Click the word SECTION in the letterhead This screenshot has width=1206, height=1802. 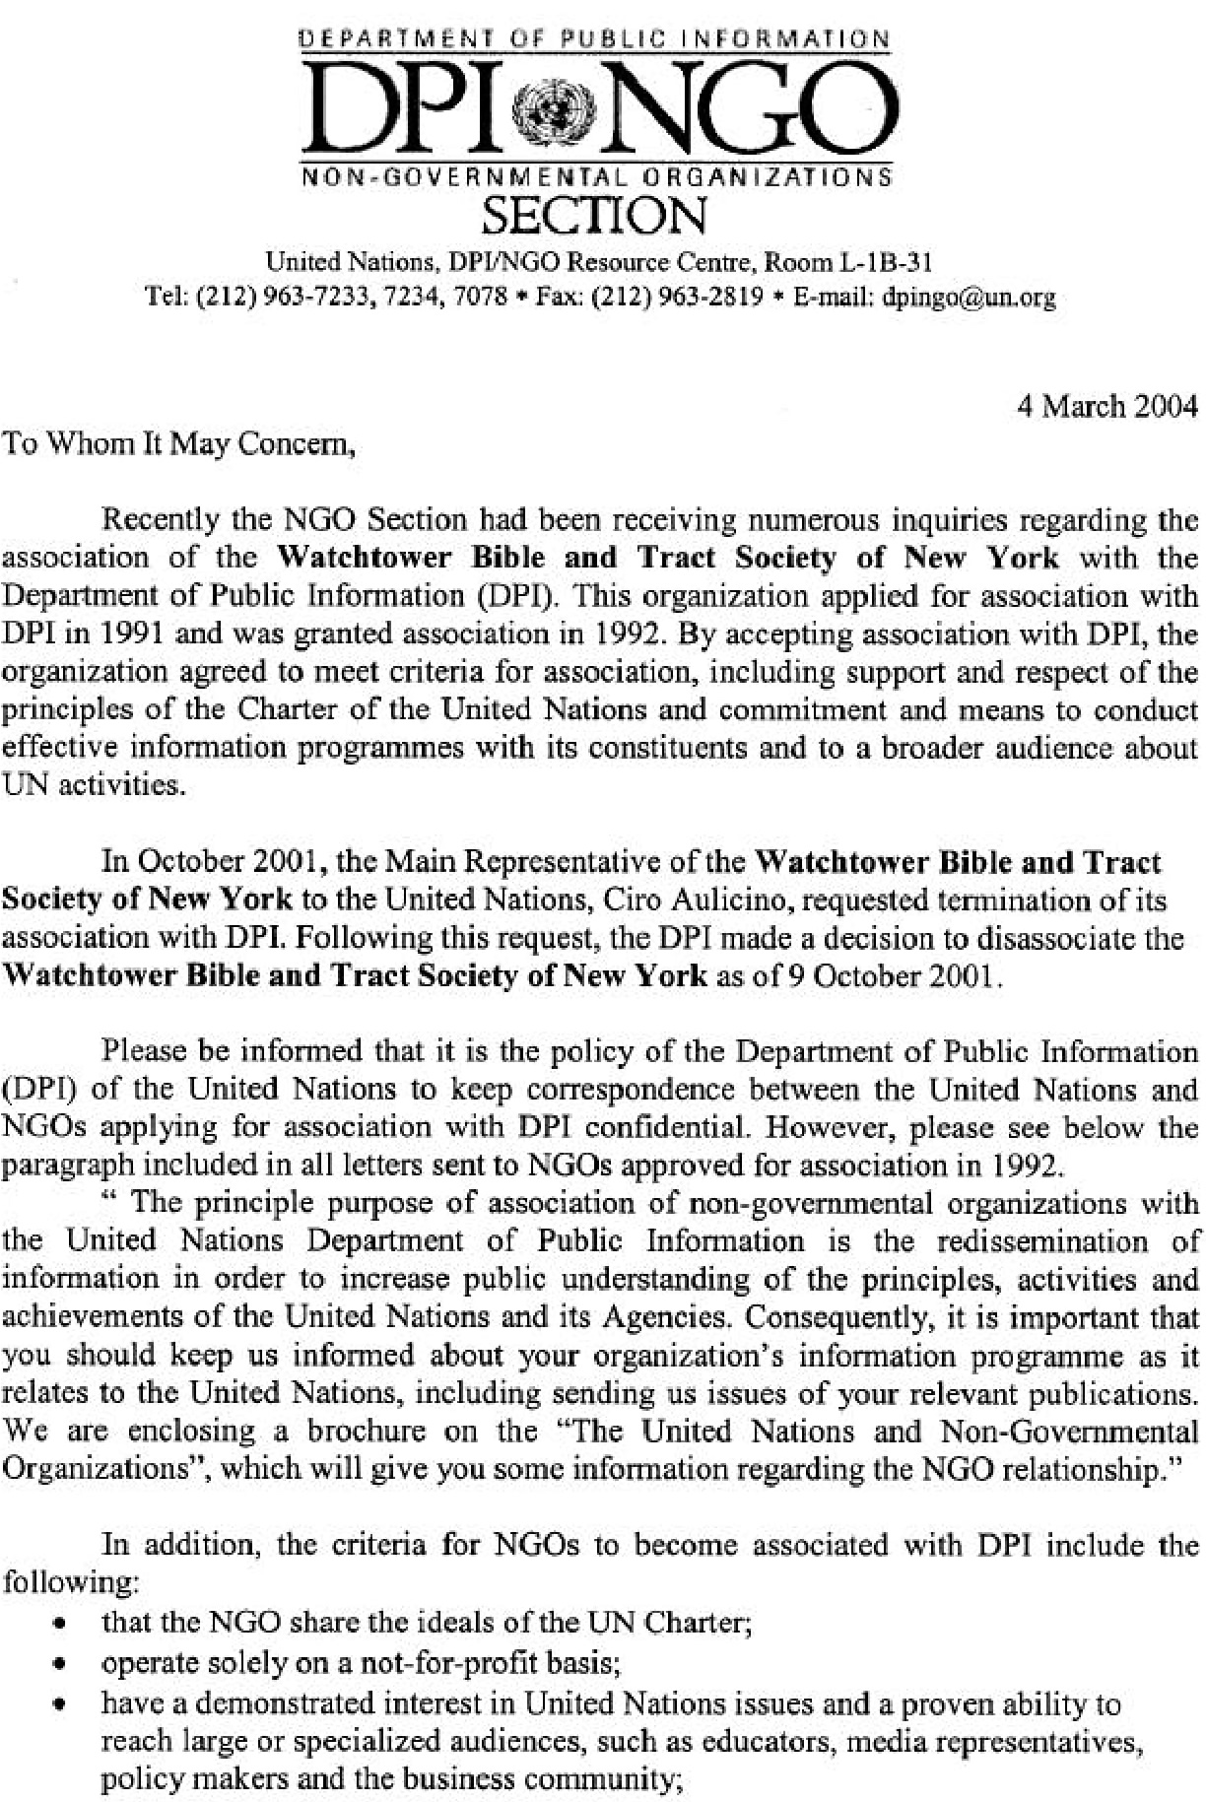pos(597,215)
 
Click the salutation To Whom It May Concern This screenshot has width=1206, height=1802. pos(177,444)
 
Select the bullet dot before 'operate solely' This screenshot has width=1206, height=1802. pos(62,1665)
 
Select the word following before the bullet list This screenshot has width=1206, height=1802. pos(68,1582)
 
